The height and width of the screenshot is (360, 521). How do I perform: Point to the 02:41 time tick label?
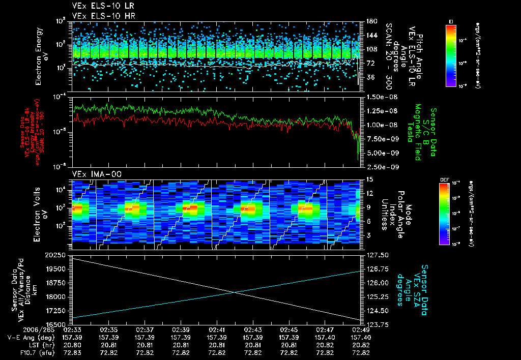[x=217, y=330]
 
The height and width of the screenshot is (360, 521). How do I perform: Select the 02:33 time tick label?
[x=73, y=330]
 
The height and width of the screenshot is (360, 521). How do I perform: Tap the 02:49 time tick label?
[x=361, y=330]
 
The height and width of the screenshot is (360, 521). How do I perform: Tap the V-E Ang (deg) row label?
[x=28, y=338]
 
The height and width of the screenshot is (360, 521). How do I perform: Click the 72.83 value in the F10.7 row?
[x=73, y=353]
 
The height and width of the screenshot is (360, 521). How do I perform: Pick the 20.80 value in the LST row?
[x=73, y=345]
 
